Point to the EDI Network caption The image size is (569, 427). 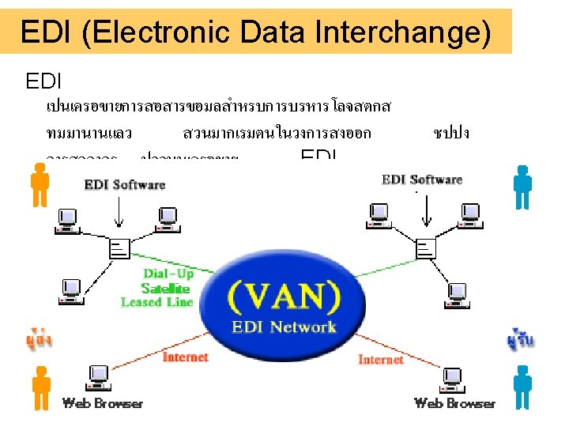tap(284, 326)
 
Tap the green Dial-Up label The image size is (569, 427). tap(168, 274)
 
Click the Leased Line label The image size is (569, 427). tap(157, 302)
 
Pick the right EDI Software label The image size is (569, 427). tap(422, 179)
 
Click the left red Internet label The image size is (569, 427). tap(185, 357)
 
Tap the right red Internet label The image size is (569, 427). tap(381, 360)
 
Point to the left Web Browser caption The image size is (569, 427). tap(103, 403)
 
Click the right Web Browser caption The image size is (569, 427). tap(454, 403)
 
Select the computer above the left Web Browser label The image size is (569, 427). tap(100, 376)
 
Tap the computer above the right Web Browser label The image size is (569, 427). tap(452, 378)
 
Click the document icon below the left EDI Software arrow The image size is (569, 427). tap(120, 248)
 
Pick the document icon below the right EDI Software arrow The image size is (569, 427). tap(426, 248)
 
